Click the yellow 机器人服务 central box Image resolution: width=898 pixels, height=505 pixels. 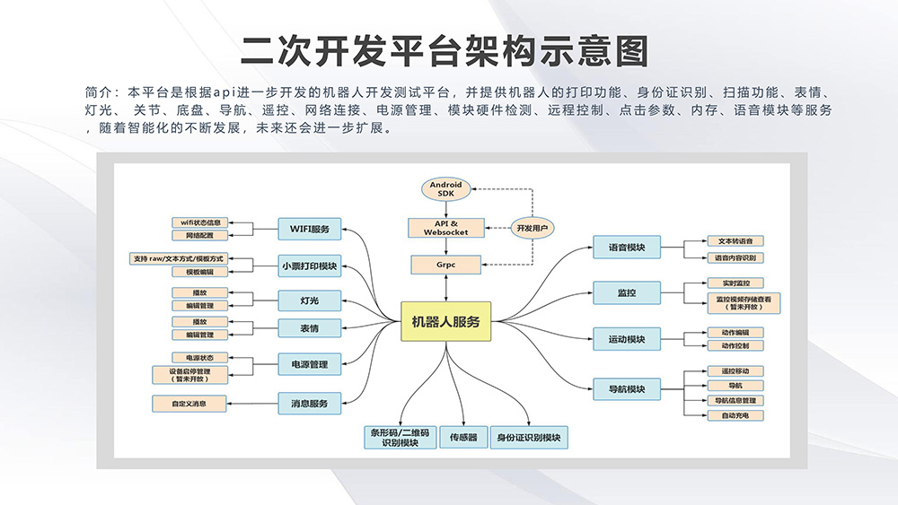click(446, 321)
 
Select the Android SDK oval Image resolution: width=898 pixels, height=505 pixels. click(445, 189)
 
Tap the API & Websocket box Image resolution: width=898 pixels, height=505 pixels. click(446, 227)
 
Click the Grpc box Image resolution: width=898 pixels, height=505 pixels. click(446, 265)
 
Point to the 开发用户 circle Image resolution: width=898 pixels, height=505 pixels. click(529, 228)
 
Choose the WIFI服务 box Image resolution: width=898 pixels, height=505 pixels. click(309, 229)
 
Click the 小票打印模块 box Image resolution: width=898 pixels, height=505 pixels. click(309, 265)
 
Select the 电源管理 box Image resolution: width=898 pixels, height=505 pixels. click(309, 364)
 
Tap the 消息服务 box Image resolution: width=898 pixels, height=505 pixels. click(309, 404)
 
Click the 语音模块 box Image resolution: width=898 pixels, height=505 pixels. click(627, 248)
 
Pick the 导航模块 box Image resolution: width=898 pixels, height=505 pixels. click(627, 389)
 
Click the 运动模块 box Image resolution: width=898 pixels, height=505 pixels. click(627, 339)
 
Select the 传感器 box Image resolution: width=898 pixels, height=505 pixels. click(463, 438)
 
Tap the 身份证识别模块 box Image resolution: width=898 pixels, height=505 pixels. click(529, 438)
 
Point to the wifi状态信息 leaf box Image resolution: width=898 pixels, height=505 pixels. click(200, 222)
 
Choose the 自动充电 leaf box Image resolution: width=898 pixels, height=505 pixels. click(741, 415)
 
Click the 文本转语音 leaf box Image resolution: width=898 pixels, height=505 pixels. click(735, 241)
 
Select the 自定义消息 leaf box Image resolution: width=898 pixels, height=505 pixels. click(189, 404)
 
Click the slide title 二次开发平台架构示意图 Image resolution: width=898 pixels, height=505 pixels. click(445, 51)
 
